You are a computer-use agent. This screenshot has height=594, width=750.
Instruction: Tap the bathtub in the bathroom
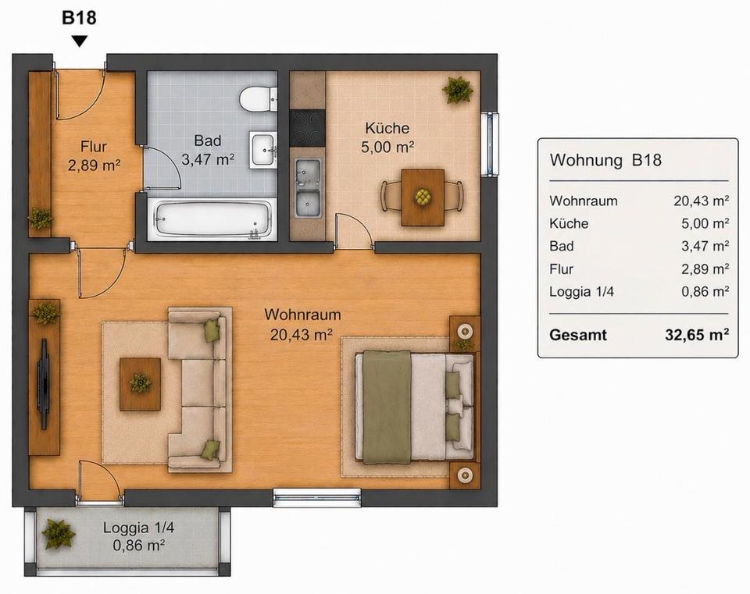[212, 219]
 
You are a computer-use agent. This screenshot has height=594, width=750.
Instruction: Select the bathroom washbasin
[262, 150]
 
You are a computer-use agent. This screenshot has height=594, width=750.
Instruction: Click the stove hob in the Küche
[308, 128]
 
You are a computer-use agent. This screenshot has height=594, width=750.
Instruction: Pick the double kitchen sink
[308, 188]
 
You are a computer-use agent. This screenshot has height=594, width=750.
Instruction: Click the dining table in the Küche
[423, 197]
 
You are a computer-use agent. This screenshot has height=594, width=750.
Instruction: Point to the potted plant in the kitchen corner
[458, 89]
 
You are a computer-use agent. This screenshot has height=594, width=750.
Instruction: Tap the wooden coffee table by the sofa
[140, 384]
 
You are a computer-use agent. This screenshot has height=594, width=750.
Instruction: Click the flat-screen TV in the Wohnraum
[44, 384]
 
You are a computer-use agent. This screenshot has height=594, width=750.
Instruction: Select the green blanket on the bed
[387, 407]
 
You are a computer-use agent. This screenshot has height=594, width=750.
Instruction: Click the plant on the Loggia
[58, 534]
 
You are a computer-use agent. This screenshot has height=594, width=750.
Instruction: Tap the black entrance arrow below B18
[80, 41]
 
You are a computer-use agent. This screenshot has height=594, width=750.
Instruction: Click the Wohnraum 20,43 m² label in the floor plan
[302, 325]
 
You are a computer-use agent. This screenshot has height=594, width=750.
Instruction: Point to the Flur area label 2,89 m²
[94, 165]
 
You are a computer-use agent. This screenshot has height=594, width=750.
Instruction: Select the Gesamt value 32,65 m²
[697, 335]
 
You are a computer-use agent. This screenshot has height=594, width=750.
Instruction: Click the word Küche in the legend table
[569, 223]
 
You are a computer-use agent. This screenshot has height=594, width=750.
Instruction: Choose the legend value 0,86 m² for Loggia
[705, 291]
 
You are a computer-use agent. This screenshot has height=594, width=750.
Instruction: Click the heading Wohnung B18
[605, 159]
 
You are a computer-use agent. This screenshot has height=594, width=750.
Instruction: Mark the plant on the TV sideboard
[45, 313]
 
